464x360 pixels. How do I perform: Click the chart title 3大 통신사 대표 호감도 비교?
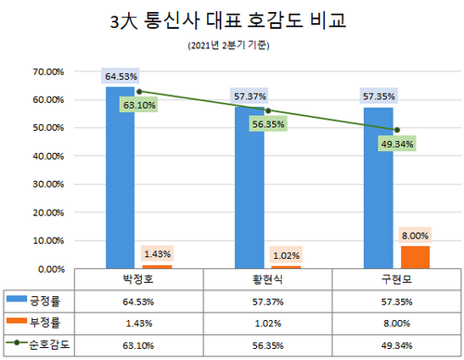click(x=231, y=20)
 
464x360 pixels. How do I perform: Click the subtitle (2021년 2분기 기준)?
click(x=231, y=45)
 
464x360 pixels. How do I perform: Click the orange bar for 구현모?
click(x=414, y=257)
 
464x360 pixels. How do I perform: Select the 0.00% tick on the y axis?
click(x=46, y=269)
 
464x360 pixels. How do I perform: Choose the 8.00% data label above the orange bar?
click(x=414, y=235)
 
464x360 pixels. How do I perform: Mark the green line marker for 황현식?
click(x=267, y=110)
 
